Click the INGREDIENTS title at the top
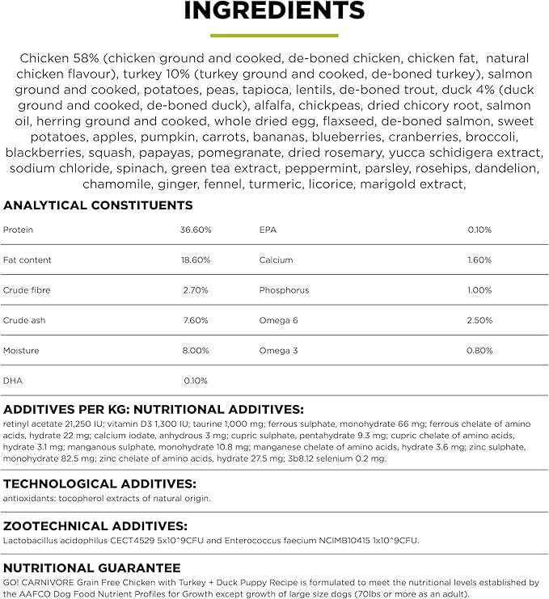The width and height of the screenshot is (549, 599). pos(274,11)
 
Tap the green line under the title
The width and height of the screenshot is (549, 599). pos(274,36)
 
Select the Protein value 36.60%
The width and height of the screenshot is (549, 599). pos(195,230)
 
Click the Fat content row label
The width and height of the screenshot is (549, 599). pos(27,260)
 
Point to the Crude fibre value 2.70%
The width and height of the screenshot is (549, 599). pos(196,290)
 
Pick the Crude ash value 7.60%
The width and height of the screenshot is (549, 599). pos(196,321)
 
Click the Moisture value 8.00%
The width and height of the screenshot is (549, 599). pos(196,351)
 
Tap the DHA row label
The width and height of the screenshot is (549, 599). pos(12,381)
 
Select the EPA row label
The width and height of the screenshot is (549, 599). pos(268,230)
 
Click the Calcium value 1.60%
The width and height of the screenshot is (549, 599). pos(479,260)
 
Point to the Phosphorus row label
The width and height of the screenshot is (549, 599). pos(284,290)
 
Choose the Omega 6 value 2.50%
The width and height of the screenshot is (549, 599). pos(479,321)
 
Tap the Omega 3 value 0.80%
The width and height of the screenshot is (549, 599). pos(479,351)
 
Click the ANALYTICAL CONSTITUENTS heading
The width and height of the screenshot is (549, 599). pos(98,205)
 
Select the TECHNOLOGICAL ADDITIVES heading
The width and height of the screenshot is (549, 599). pos(99,483)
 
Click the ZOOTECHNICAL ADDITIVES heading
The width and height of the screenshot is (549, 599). pos(95,525)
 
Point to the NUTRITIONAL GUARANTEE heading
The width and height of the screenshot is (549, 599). pos(91,568)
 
